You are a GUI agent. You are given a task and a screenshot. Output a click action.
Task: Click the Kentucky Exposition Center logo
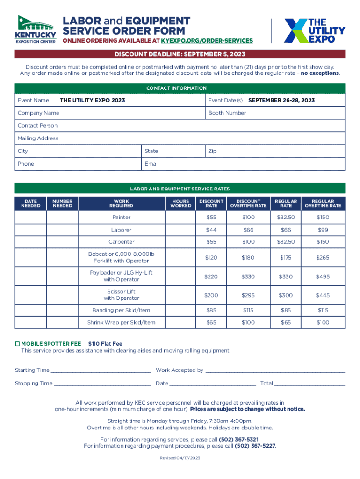coord(36,29)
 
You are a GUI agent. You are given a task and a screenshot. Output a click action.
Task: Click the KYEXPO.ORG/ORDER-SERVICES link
coord(207,41)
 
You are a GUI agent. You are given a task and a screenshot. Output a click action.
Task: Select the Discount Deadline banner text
coord(180,54)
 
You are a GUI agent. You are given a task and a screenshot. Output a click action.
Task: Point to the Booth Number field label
coord(227,113)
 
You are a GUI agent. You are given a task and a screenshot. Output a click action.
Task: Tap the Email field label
coord(152,164)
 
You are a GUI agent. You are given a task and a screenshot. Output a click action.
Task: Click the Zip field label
coord(212,151)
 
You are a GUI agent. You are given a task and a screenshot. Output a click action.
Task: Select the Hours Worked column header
coord(180,203)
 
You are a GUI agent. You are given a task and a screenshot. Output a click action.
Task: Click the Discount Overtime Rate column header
coord(248,203)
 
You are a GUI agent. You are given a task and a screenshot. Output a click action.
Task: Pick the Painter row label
coord(122,218)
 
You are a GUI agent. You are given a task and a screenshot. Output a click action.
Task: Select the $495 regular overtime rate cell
coord(323,276)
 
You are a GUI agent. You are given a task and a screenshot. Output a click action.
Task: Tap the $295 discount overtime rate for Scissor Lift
coord(248,295)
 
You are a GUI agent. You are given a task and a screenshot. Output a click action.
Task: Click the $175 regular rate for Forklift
coord(285,258)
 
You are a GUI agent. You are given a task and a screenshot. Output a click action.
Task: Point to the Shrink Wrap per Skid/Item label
coord(122,322)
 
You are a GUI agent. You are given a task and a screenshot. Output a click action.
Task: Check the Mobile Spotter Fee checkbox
coord(17,344)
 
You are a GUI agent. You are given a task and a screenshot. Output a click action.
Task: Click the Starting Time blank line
coord(101,370)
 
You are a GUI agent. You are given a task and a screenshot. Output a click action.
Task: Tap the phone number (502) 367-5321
coord(238,439)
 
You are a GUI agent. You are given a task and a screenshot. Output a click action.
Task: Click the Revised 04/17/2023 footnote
coord(180,458)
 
